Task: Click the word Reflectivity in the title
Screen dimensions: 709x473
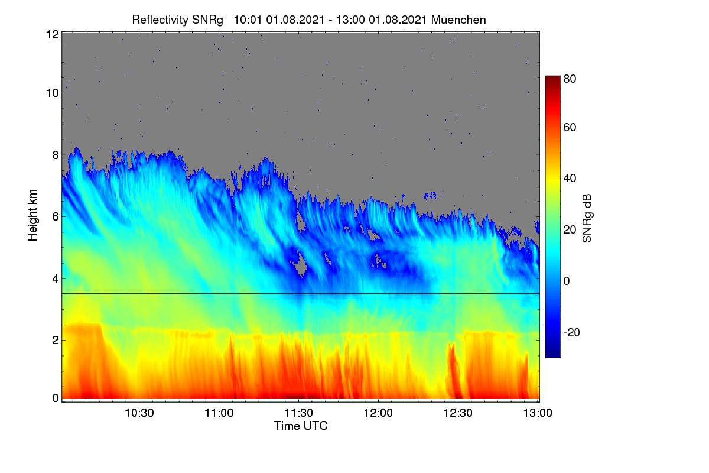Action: click(x=161, y=20)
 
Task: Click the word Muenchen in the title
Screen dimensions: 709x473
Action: click(x=458, y=20)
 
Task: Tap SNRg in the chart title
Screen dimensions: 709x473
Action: click(x=207, y=20)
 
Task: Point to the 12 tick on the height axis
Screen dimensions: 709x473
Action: click(x=53, y=34)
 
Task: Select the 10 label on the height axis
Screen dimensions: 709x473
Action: click(x=53, y=93)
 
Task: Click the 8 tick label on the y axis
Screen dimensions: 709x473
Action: click(x=56, y=155)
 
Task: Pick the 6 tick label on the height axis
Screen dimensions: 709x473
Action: click(x=56, y=217)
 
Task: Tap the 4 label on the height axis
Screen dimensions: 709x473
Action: click(x=56, y=279)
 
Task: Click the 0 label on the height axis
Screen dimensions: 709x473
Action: click(x=56, y=399)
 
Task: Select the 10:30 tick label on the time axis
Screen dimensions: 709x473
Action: click(x=139, y=413)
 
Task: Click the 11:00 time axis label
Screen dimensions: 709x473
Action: click(x=219, y=413)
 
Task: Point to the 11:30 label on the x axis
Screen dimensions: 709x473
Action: click(x=299, y=413)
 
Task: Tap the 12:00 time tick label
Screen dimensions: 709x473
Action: click(x=378, y=413)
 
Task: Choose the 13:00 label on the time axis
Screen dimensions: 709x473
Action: click(x=538, y=413)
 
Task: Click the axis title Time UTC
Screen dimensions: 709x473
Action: click(x=301, y=426)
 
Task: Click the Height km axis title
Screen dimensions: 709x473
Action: click(x=32, y=215)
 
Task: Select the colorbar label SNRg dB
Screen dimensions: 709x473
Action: click(x=587, y=219)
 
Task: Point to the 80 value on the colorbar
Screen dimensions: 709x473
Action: click(x=570, y=79)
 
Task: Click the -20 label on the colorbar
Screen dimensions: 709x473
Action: click(x=572, y=333)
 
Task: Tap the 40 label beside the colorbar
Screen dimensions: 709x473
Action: click(x=570, y=179)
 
